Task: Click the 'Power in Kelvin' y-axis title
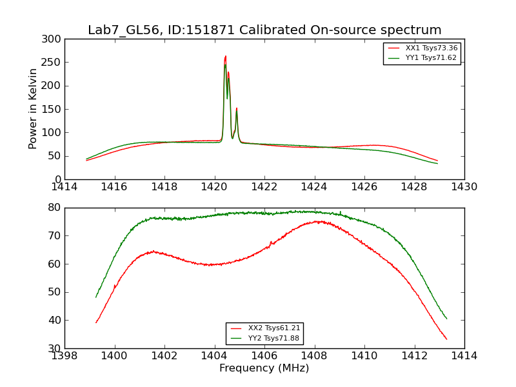tap(33, 109)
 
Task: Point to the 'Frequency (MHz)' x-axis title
tap(264, 368)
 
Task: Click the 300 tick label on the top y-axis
tap(54, 39)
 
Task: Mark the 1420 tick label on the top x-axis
tap(214, 187)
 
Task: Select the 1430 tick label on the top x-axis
tap(464, 187)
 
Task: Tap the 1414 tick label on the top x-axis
tap(64, 187)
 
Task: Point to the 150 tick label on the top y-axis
tap(54, 109)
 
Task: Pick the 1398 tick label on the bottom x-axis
tap(64, 356)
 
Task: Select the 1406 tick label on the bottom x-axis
tap(264, 356)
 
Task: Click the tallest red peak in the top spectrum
tap(225, 56)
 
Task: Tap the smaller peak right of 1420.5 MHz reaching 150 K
tap(237, 108)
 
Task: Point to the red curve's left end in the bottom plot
tap(96, 322)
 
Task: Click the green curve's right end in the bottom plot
tap(446, 319)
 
